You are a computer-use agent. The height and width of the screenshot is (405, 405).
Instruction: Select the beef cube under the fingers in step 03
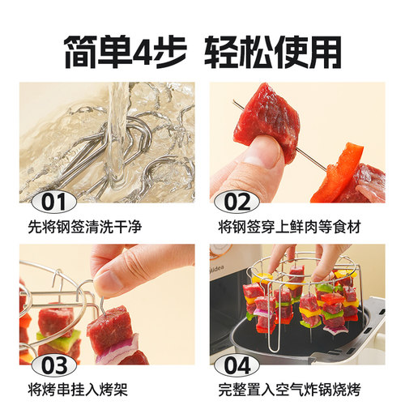tap(109, 328)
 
